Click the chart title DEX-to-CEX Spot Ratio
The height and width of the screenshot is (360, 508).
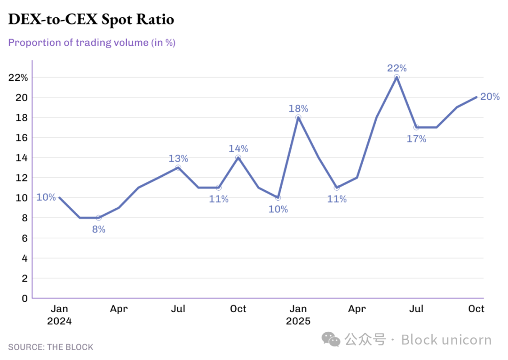(91, 19)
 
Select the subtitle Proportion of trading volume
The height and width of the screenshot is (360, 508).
(92, 43)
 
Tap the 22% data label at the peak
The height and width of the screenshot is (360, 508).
(397, 68)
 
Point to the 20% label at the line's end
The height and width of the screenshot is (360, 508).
(490, 97)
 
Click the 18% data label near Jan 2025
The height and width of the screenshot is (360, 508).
(298, 109)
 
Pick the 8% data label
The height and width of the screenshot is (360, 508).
(98, 229)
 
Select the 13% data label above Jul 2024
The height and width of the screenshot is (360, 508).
(178, 159)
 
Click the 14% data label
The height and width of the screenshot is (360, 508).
(238, 149)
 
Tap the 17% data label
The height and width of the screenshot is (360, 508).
(416, 139)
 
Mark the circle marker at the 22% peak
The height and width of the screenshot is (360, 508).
(397, 77)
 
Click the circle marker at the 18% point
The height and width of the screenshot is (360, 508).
(298, 117)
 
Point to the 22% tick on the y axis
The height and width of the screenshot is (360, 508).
(18, 77)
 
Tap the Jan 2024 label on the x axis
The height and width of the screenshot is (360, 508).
(59, 315)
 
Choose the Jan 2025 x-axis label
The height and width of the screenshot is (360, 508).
(298, 315)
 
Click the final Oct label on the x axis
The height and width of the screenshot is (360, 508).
(476, 309)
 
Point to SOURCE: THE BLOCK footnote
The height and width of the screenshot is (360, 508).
(51, 347)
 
